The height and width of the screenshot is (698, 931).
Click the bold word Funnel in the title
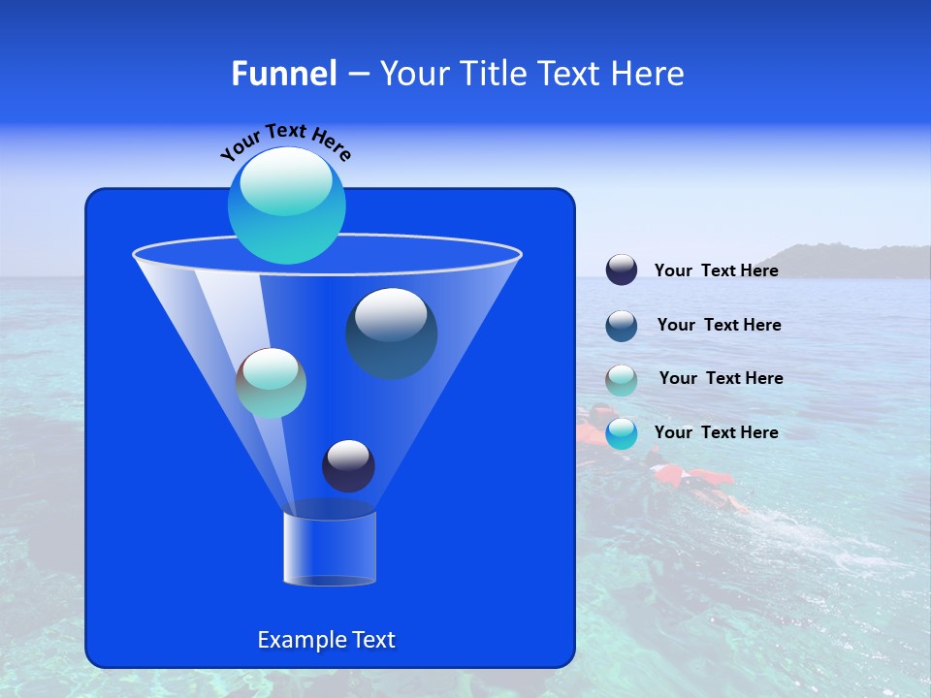pyautogui.click(x=283, y=74)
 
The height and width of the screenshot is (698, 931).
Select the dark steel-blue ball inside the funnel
pyautogui.click(x=392, y=333)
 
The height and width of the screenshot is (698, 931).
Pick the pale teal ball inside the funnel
pyautogui.click(x=271, y=383)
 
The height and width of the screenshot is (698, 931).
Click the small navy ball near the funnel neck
pyautogui.click(x=348, y=466)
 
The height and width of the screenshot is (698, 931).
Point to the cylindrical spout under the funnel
pyautogui.click(x=329, y=549)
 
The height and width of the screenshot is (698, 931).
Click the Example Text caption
pyautogui.click(x=326, y=640)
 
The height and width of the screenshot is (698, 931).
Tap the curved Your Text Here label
pyautogui.click(x=285, y=141)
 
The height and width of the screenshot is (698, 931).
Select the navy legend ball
pyautogui.click(x=622, y=270)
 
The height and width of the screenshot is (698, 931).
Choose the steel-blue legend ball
pyautogui.click(x=622, y=326)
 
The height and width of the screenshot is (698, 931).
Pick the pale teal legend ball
pyautogui.click(x=622, y=380)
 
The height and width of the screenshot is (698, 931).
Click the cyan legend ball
pyautogui.click(x=622, y=433)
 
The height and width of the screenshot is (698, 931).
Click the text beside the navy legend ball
pyautogui.click(x=716, y=271)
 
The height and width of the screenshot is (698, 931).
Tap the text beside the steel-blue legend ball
pyautogui.click(x=719, y=326)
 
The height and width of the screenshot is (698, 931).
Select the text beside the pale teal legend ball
pyautogui.click(x=721, y=379)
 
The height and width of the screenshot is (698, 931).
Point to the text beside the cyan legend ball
pyautogui.click(x=716, y=432)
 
